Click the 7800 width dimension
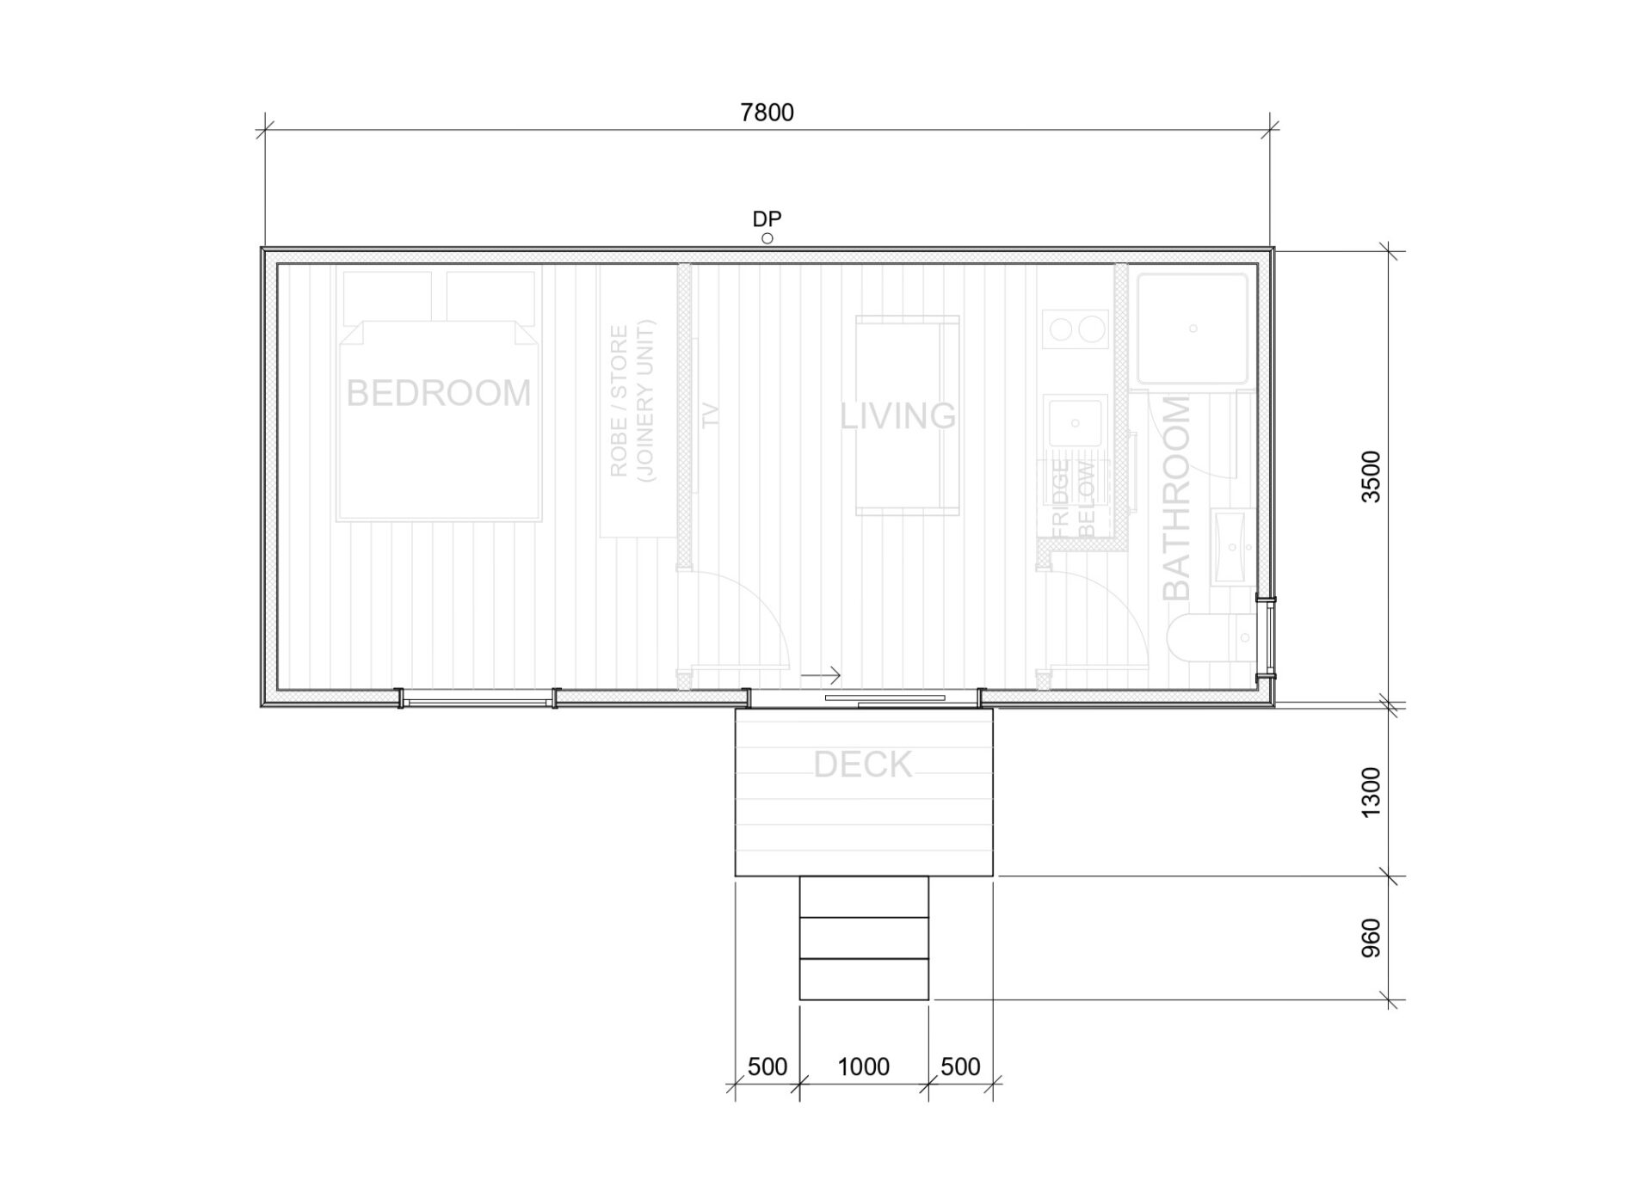[x=767, y=113]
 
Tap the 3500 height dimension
[x=1371, y=476]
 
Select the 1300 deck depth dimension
[x=1371, y=792]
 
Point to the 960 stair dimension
[x=1371, y=937]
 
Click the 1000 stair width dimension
[x=863, y=1066]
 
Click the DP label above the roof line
[x=767, y=219]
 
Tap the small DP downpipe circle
[x=767, y=239]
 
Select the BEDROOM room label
[x=439, y=393]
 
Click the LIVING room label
[x=897, y=416]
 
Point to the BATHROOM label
[x=1176, y=498]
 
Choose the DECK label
[x=862, y=765]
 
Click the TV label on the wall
[x=710, y=415]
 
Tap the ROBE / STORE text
[x=619, y=401]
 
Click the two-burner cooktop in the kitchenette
[x=1076, y=330]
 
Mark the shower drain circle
[x=1193, y=329]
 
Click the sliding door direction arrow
[x=821, y=675]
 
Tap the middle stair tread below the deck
[x=864, y=937]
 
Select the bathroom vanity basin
[x=1234, y=546]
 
